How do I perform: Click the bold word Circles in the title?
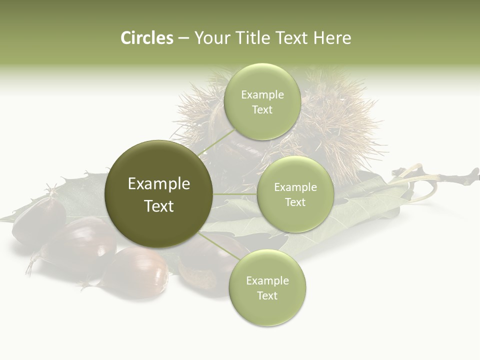coord(146,38)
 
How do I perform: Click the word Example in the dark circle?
coord(159,184)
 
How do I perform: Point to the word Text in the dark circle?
coord(159,206)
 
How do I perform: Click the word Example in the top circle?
coord(262,95)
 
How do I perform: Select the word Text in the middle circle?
coord(295,202)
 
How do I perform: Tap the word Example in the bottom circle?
coord(267,281)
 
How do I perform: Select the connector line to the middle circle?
coord(235,194)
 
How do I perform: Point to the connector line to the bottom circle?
coord(220,246)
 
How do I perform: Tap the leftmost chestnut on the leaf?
coord(37,220)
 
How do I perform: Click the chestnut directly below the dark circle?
coord(137,272)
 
